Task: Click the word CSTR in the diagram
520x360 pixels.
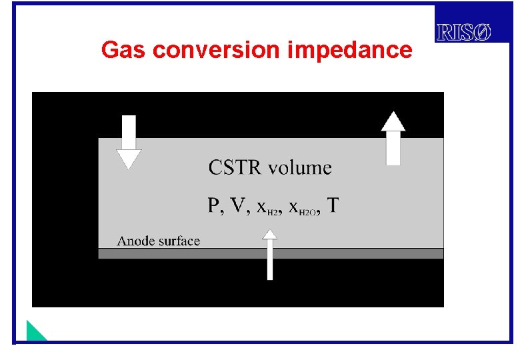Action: (235, 167)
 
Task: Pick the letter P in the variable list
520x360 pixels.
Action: (215, 205)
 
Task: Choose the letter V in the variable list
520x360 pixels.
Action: (236, 205)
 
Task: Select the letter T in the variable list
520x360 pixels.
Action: (331, 205)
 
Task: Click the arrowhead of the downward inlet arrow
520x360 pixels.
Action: (129, 159)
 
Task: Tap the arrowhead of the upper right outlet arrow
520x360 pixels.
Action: (393, 121)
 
